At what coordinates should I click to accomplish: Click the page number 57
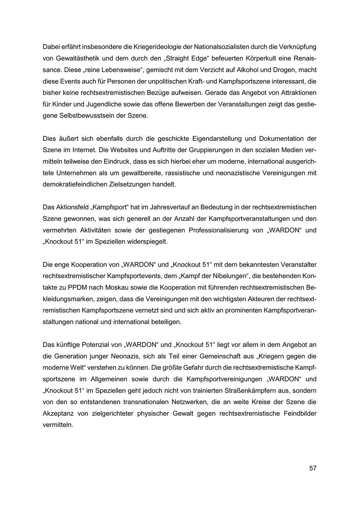(x=313, y=468)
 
